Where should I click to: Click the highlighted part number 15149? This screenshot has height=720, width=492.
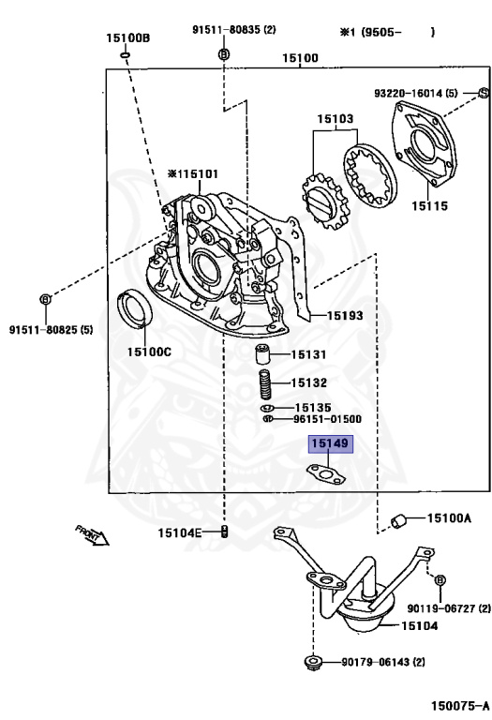[330, 443]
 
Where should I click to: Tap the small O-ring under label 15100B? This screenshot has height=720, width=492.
[125, 55]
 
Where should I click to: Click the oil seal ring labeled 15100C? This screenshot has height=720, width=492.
[135, 309]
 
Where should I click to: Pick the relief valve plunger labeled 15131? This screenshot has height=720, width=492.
[262, 354]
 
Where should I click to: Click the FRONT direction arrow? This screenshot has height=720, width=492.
[92, 535]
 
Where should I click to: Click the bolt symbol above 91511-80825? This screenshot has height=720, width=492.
[45, 299]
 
